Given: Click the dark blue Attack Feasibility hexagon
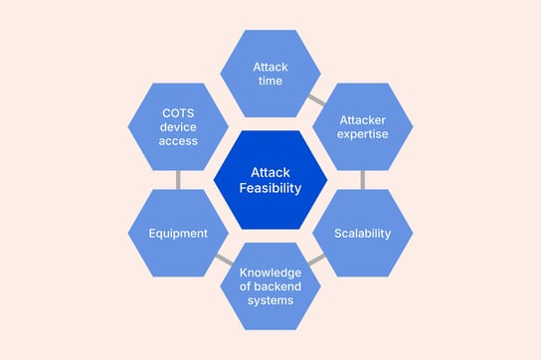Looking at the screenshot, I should (x=270, y=179).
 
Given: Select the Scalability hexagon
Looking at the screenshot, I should (x=362, y=234).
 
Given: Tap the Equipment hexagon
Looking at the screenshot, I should (x=178, y=234).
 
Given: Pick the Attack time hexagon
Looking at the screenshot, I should (x=270, y=73).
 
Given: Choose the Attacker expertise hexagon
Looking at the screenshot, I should (x=362, y=126).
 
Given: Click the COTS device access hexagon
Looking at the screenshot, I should (x=178, y=126).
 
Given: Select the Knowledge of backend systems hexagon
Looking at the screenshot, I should (x=270, y=285).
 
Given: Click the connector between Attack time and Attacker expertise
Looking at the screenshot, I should (x=316, y=99).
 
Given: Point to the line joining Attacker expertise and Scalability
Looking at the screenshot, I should (x=362, y=180).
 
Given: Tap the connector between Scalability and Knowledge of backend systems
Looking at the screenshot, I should (x=316, y=261).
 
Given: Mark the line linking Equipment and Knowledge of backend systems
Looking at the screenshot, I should (x=224, y=261).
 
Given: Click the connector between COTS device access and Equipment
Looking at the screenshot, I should (x=178, y=180).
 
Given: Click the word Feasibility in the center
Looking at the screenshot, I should (x=270, y=188).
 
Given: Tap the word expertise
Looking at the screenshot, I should (x=362, y=134).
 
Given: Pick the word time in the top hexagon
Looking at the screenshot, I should (x=270, y=81).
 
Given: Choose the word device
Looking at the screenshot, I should (x=178, y=126).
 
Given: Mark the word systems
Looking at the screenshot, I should (x=270, y=300).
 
